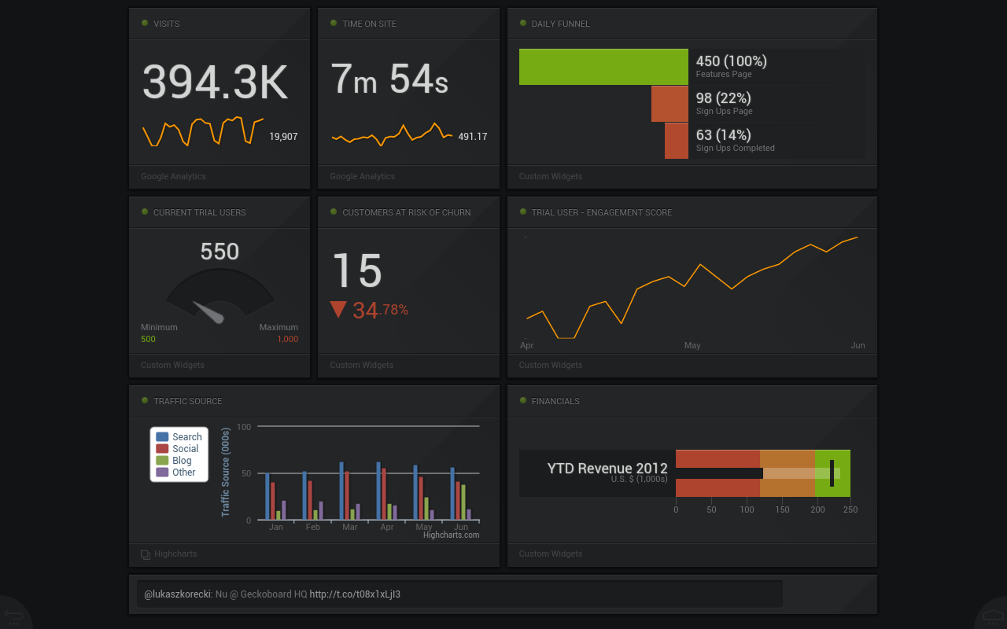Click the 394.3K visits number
pos(215,83)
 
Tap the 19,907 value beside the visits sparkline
pos(283,137)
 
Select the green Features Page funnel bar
pos(603,67)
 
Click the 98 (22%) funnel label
pos(723,98)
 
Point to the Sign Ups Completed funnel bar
pos(677,141)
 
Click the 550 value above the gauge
pos(219,252)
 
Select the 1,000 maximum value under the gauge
pos(287,339)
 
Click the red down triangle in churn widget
pos(338,309)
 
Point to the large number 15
pos(357,271)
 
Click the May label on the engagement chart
pos(692,346)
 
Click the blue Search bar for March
pos(341,491)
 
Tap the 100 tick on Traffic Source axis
pos(244,427)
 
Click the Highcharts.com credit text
pos(451,535)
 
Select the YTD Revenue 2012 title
pos(607,469)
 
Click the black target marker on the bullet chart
pos(832,473)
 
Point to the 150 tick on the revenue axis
pos(783,510)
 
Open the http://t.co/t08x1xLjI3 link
pos(355,594)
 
